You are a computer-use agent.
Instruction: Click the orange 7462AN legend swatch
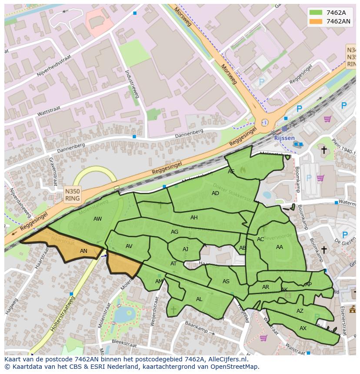[x=316, y=21]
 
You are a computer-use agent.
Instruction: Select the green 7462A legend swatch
[x=316, y=13]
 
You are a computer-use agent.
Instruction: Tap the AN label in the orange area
[x=83, y=251]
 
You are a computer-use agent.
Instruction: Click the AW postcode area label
[x=97, y=219]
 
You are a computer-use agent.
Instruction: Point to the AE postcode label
[x=231, y=172]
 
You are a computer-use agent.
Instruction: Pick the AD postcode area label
[x=215, y=193]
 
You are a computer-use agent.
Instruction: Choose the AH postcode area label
[x=194, y=218]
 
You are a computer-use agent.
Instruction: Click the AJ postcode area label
[x=186, y=249]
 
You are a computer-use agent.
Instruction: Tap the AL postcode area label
[x=199, y=299]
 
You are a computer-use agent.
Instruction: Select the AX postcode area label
[x=303, y=328]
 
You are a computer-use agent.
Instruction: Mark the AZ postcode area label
[x=300, y=311]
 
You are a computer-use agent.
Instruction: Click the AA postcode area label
[x=280, y=247]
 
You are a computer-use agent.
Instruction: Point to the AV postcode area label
[x=129, y=246]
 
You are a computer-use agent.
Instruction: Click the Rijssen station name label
[x=284, y=138]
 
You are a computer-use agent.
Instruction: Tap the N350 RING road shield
[x=72, y=195]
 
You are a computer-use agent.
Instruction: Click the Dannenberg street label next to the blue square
[x=189, y=134]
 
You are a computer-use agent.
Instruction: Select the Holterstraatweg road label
[x=63, y=314]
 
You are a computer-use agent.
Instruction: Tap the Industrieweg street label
[x=132, y=83]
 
